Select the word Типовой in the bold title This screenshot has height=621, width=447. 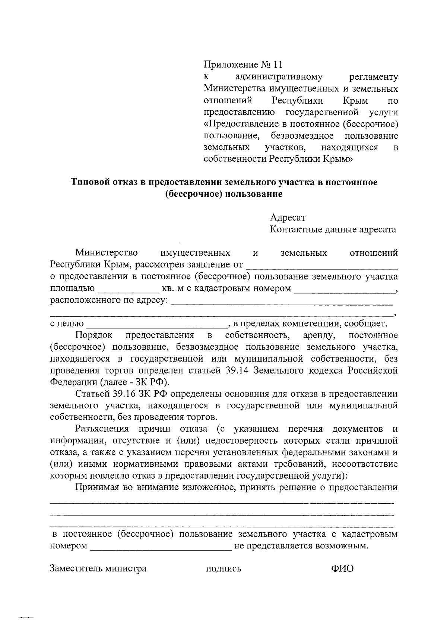[89, 182]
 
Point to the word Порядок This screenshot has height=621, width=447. [93, 335]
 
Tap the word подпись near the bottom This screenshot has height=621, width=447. [223, 569]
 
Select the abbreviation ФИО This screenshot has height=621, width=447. [342, 568]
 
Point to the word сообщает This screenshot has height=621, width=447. [367, 324]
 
